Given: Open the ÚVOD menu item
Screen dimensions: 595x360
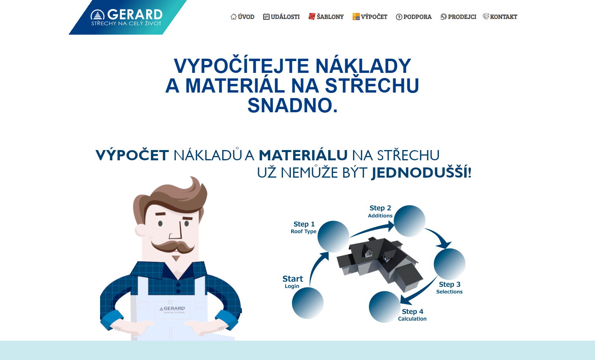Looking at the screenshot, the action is pyautogui.click(x=242, y=17).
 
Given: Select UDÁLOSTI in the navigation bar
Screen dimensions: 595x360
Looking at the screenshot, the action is pyautogui.click(x=281, y=17).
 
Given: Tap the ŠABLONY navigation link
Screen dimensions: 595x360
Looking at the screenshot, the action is pyautogui.click(x=326, y=17).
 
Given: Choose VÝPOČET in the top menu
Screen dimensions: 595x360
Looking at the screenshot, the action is pyautogui.click(x=370, y=17).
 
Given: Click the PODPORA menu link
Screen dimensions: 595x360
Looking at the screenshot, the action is pyautogui.click(x=414, y=17).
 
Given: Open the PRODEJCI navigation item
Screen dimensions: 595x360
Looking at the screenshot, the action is pyautogui.click(x=458, y=17).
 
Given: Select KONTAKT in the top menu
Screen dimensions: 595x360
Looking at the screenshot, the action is pyautogui.click(x=500, y=17).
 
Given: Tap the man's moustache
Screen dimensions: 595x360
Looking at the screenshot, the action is pyautogui.click(x=173, y=247).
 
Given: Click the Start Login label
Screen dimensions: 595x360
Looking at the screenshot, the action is pyautogui.click(x=292, y=282).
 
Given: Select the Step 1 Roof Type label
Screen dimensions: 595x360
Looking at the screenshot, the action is pyautogui.click(x=304, y=228).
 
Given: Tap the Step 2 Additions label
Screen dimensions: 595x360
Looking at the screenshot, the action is pyautogui.click(x=380, y=212).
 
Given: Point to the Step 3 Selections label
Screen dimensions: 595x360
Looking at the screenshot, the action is pyautogui.click(x=450, y=288).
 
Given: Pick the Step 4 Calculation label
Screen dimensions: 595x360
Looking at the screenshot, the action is pyautogui.click(x=412, y=315).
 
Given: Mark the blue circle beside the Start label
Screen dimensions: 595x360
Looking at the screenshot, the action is pyautogui.click(x=308, y=303).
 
